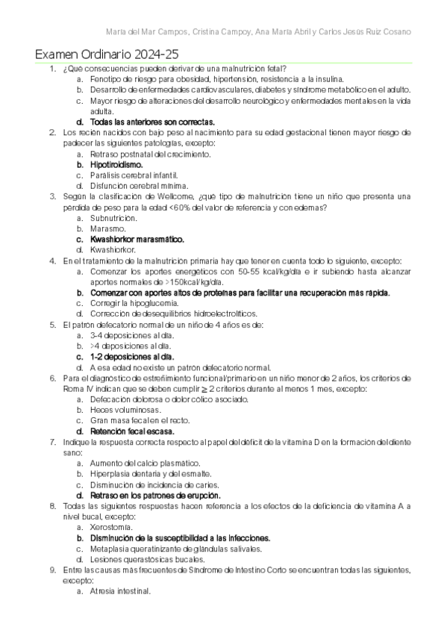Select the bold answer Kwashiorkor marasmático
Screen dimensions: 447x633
[137, 239]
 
